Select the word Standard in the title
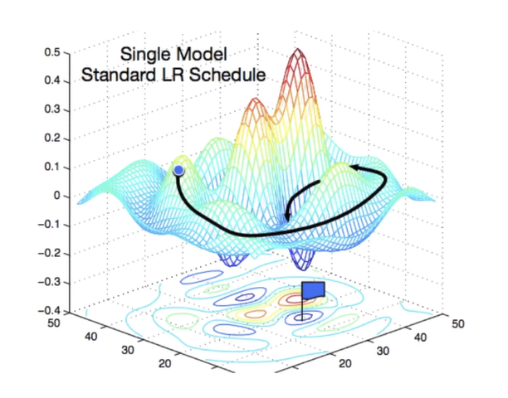[119, 75]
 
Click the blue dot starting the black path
[178, 170]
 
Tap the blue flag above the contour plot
[313, 290]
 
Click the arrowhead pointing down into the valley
[286, 217]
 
